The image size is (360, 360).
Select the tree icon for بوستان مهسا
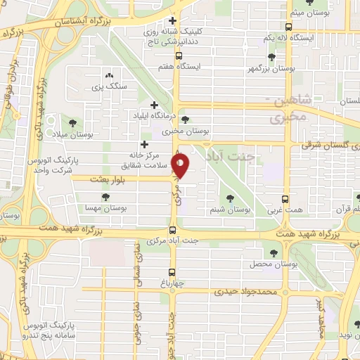tap(105, 198)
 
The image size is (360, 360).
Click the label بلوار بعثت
tap(108, 179)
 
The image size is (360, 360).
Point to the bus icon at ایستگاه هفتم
tap(179, 55)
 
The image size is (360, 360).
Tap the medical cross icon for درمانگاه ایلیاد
tap(154, 105)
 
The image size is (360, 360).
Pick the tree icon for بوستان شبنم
tap(231, 198)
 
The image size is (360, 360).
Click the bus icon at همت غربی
tap(285, 199)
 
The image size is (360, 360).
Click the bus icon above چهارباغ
tap(173, 273)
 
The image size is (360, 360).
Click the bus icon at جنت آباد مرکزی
tap(173, 231)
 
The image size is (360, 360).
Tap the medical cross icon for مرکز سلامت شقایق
tap(144, 145)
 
